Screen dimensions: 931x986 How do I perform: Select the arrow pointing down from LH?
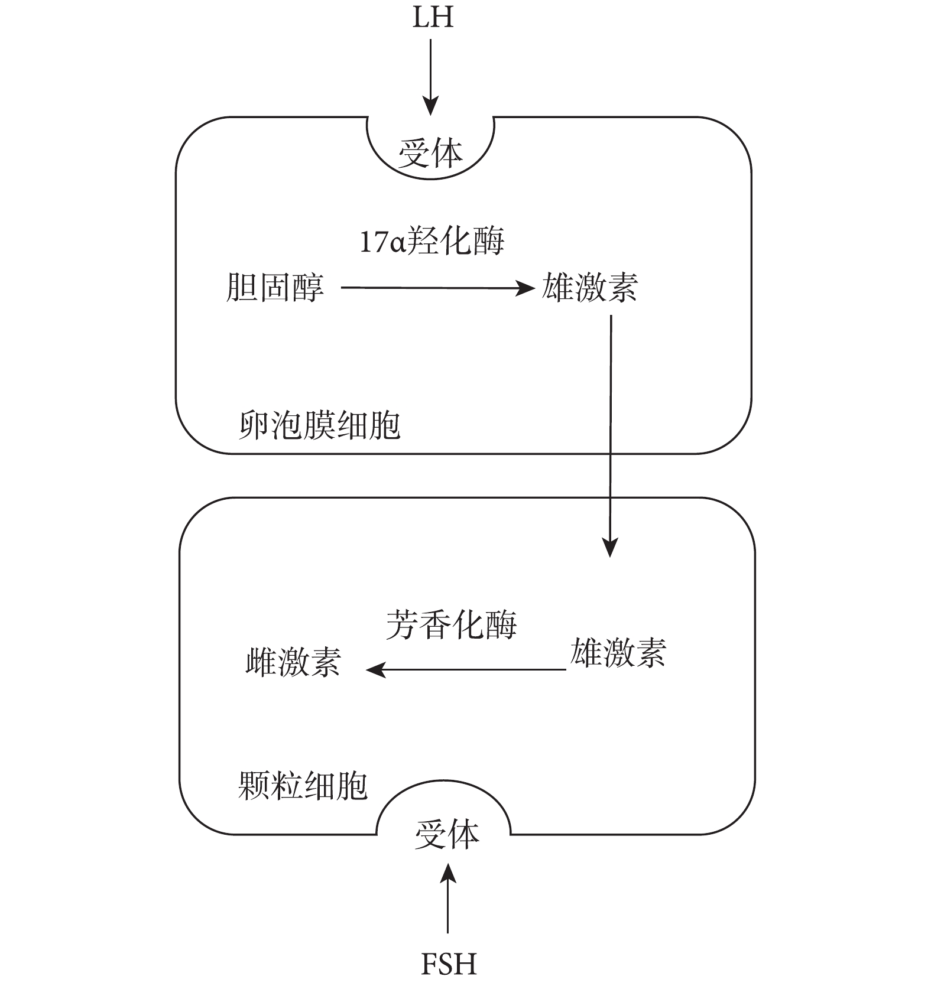(x=431, y=77)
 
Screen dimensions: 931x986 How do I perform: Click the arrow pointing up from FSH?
(x=448, y=897)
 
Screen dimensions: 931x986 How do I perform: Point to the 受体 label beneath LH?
(x=430, y=153)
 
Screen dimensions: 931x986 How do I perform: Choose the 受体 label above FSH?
(x=446, y=835)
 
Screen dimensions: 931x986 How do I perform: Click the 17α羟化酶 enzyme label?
(x=432, y=242)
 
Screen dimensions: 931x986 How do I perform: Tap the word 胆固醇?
(x=275, y=288)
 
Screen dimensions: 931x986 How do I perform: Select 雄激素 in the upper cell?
(x=589, y=288)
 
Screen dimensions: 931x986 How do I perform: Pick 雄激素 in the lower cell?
(x=618, y=653)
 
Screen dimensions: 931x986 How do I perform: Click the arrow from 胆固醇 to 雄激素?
(x=437, y=288)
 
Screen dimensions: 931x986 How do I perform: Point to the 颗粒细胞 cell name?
(x=303, y=786)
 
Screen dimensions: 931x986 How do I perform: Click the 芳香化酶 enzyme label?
(x=452, y=625)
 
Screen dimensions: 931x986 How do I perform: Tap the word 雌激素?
(x=293, y=662)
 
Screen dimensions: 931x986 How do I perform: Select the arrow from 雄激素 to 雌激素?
(x=466, y=670)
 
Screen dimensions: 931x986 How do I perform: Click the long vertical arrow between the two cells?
(x=610, y=436)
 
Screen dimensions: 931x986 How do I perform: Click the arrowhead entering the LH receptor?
(x=431, y=106)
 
